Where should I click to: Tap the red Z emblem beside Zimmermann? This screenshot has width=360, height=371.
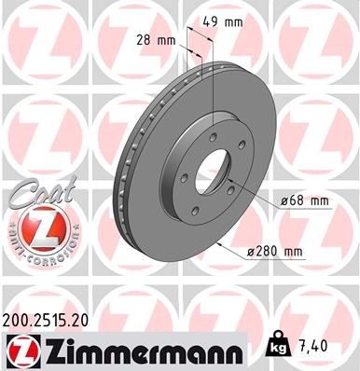point(22,350)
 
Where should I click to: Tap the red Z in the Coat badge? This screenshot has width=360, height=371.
point(35,227)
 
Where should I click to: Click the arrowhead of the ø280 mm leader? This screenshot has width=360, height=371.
point(216,243)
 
